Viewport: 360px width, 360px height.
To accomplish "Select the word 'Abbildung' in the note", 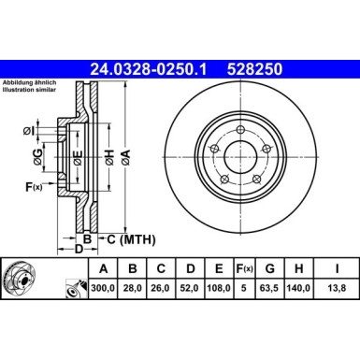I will pyautogui.click(x=20, y=85).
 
